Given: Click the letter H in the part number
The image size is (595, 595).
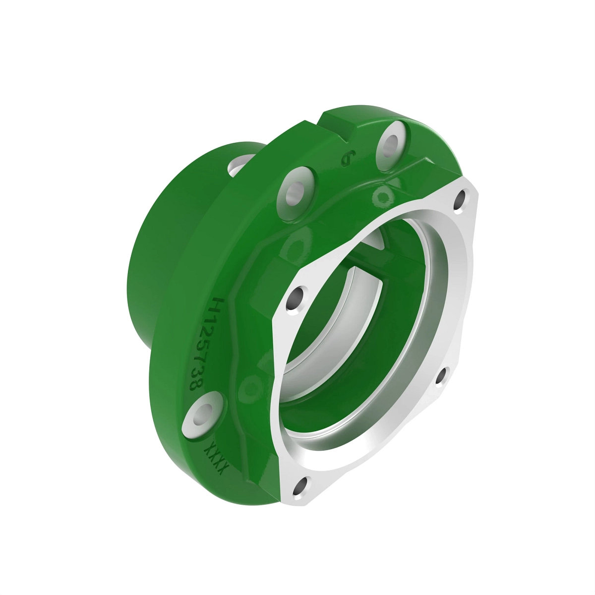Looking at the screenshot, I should [217, 304].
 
